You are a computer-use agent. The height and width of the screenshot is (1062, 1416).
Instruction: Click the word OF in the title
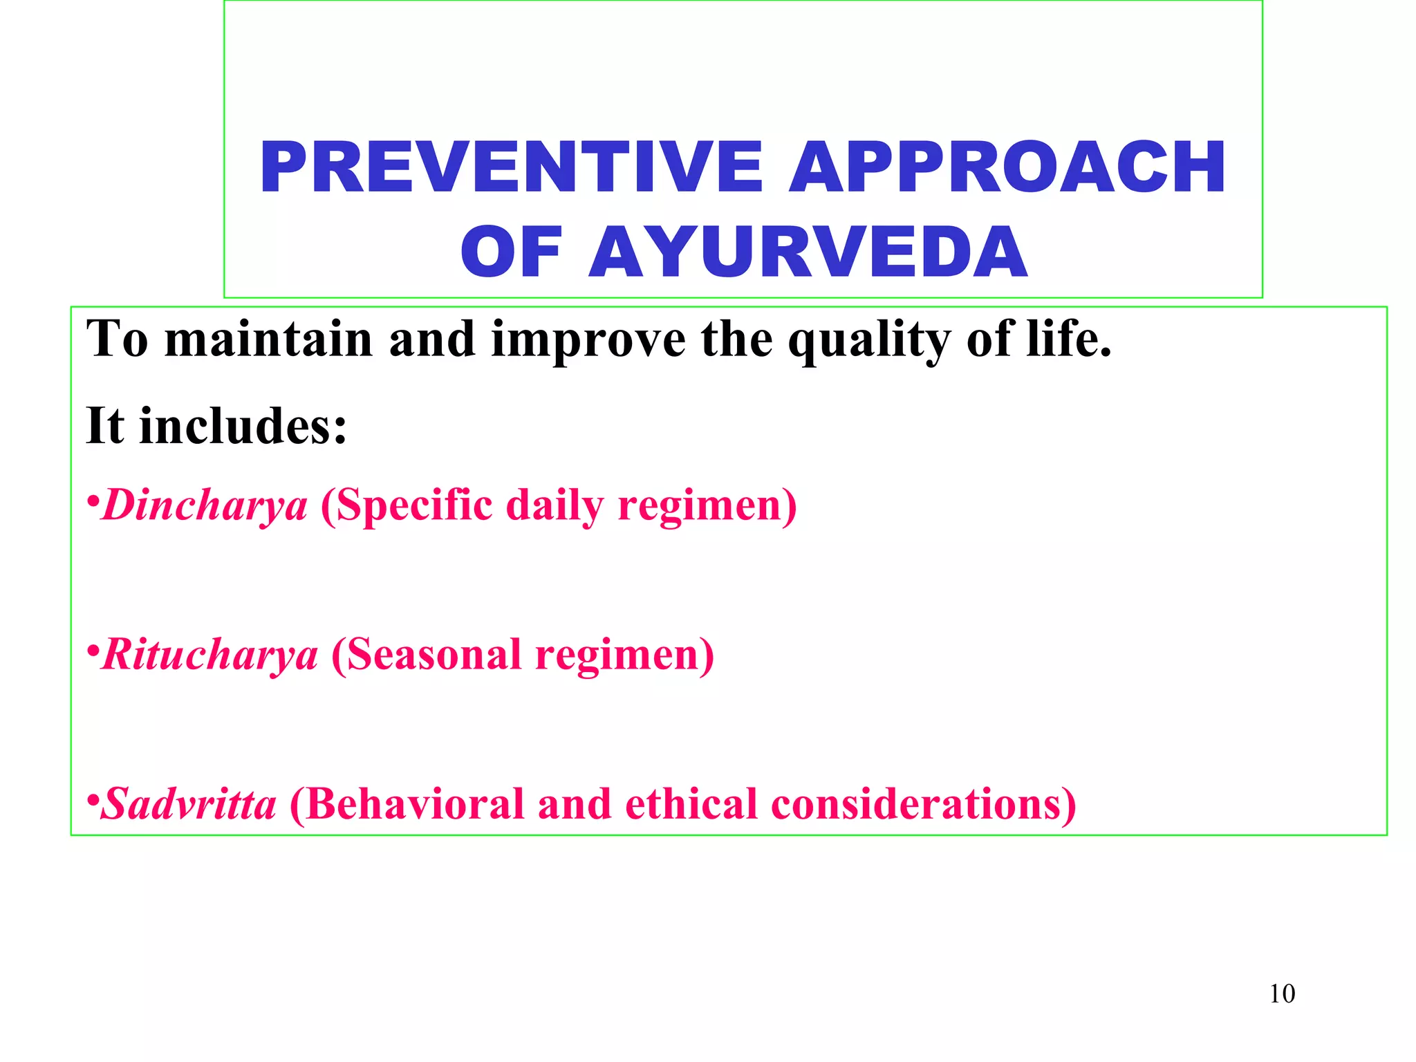click(x=510, y=252)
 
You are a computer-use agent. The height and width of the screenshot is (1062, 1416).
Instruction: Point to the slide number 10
click(x=1282, y=994)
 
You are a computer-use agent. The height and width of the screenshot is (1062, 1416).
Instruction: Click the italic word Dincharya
click(x=205, y=505)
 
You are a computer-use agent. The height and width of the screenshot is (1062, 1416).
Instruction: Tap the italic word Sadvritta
click(x=189, y=804)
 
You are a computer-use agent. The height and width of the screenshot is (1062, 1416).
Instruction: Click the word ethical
click(x=691, y=804)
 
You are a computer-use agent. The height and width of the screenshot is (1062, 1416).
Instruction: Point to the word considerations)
click(x=923, y=804)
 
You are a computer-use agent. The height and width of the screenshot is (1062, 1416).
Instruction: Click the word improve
click(x=588, y=340)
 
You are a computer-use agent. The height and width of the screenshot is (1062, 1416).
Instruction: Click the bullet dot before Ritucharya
click(x=93, y=649)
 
